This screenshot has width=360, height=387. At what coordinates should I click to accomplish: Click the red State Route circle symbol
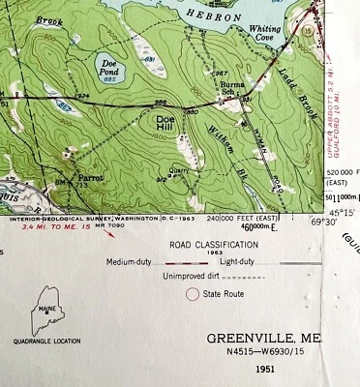pos(192,292)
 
